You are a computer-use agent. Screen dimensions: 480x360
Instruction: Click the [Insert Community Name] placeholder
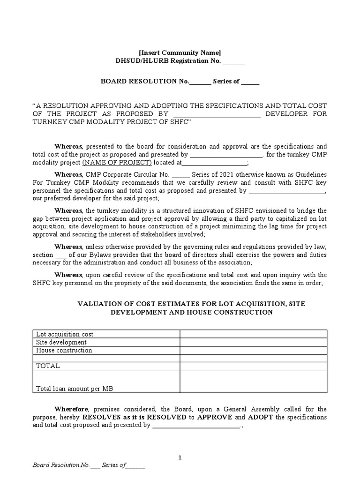pyautogui.click(x=180, y=52)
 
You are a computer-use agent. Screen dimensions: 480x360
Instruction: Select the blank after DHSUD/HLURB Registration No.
pyautogui.click(x=233, y=61)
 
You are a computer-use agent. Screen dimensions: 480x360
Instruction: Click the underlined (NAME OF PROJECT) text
pyautogui.click(x=117, y=163)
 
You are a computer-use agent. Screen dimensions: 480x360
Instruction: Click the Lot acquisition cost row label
pyautogui.click(x=65, y=334)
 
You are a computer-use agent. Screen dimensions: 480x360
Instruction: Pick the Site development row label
pyautogui.click(x=61, y=342)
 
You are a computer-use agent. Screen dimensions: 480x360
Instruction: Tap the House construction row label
pyautogui.click(x=64, y=350)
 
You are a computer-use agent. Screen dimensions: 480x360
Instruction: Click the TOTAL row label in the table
pyautogui.click(x=48, y=366)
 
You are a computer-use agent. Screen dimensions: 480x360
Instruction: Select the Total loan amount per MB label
pyautogui.click(x=75, y=389)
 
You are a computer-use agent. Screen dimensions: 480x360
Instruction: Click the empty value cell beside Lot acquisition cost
pyautogui.click(x=254, y=334)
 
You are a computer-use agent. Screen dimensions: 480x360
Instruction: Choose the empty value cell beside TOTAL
pyautogui.click(x=254, y=366)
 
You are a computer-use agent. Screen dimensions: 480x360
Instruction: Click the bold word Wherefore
pyautogui.click(x=70, y=409)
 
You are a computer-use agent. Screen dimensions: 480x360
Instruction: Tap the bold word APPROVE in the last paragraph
pyautogui.click(x=214, y=417)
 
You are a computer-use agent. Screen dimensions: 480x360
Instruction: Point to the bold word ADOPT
pyautogui.click(x=261, y=417)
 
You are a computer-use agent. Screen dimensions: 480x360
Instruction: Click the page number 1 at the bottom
pyautogui.click(x=180, y=458)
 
